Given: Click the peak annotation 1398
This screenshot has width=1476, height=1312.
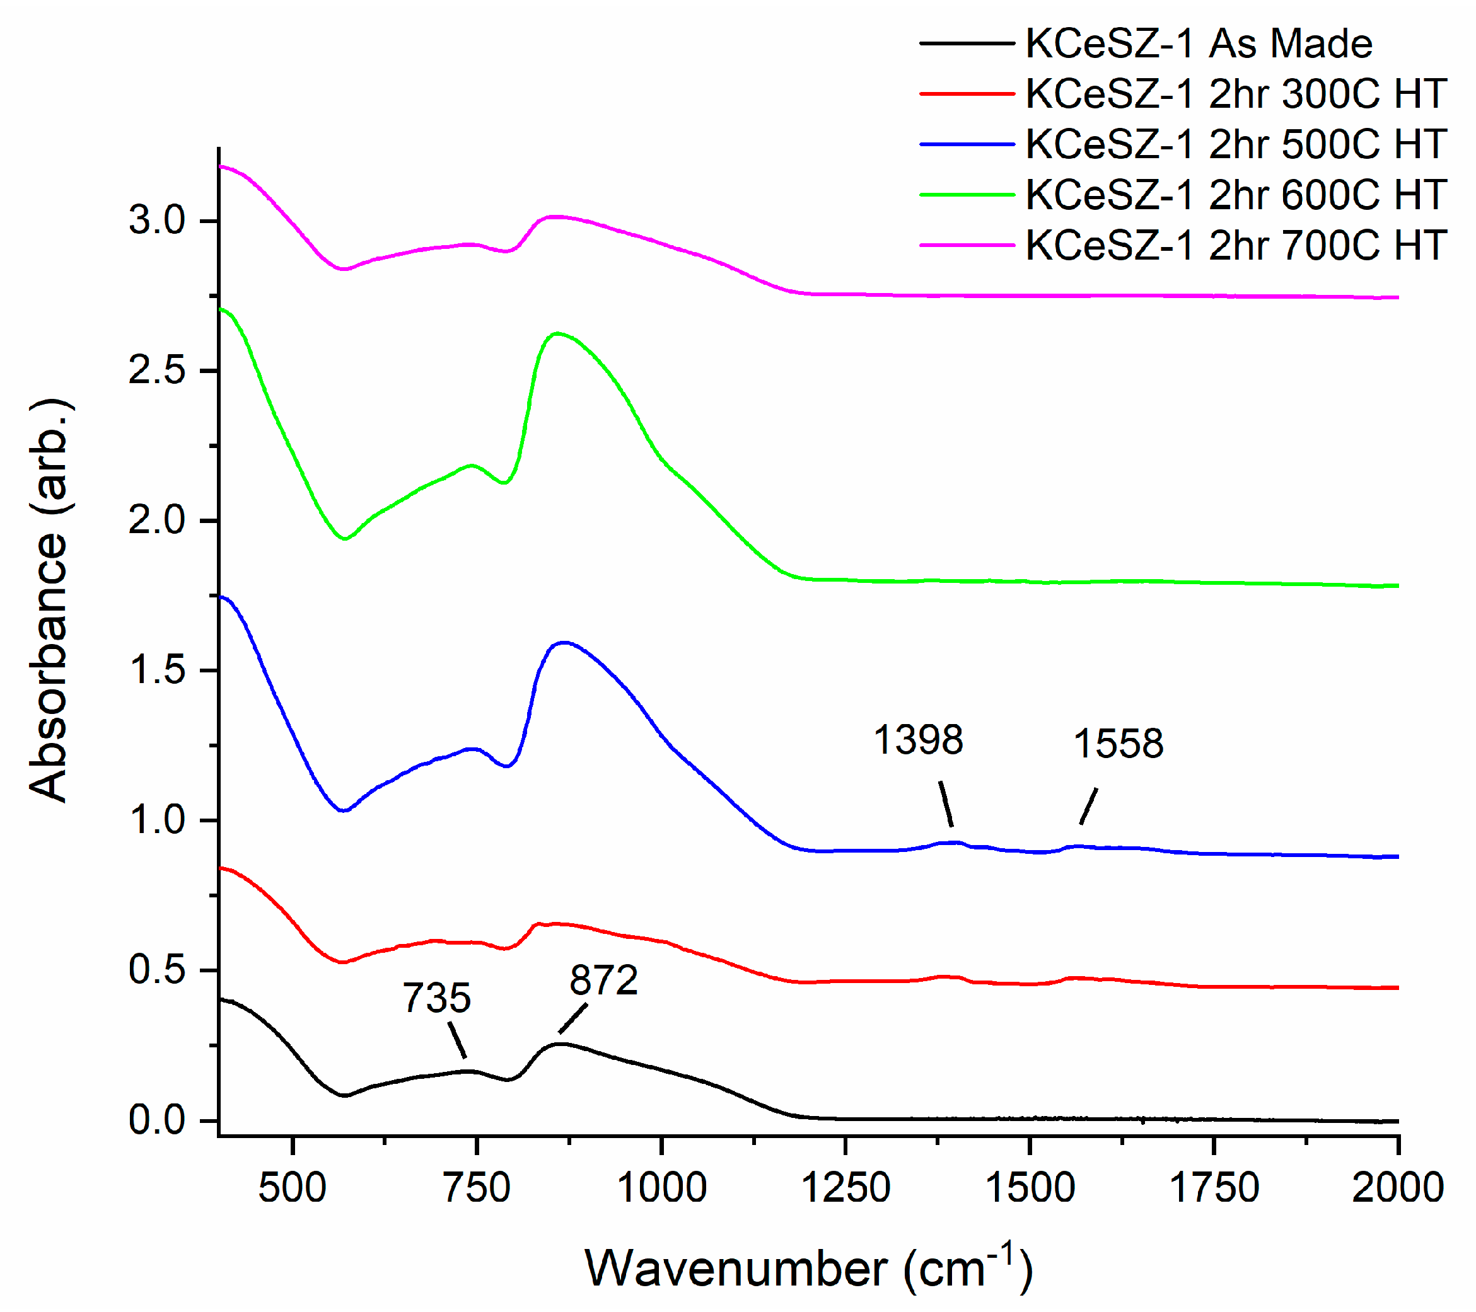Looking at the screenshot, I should point(918,740).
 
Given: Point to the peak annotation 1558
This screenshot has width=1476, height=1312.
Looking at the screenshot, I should point(1119,744).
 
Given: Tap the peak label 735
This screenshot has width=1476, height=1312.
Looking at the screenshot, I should point(437,999).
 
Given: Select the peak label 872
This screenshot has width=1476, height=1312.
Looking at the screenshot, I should point(603,981).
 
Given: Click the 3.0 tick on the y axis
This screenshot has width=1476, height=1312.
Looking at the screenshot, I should point(158,220).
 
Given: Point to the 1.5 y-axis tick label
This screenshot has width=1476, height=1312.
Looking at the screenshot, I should point(158,670).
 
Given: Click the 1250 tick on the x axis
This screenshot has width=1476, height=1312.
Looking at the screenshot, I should point(846,1188).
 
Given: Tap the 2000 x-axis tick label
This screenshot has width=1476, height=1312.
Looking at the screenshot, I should point(1397,1188).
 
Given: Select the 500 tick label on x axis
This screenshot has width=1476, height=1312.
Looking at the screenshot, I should point(293,1188).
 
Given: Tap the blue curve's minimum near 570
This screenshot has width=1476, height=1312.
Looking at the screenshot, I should point(344,810).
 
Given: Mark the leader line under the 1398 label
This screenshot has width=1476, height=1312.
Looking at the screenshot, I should point(946,804).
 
